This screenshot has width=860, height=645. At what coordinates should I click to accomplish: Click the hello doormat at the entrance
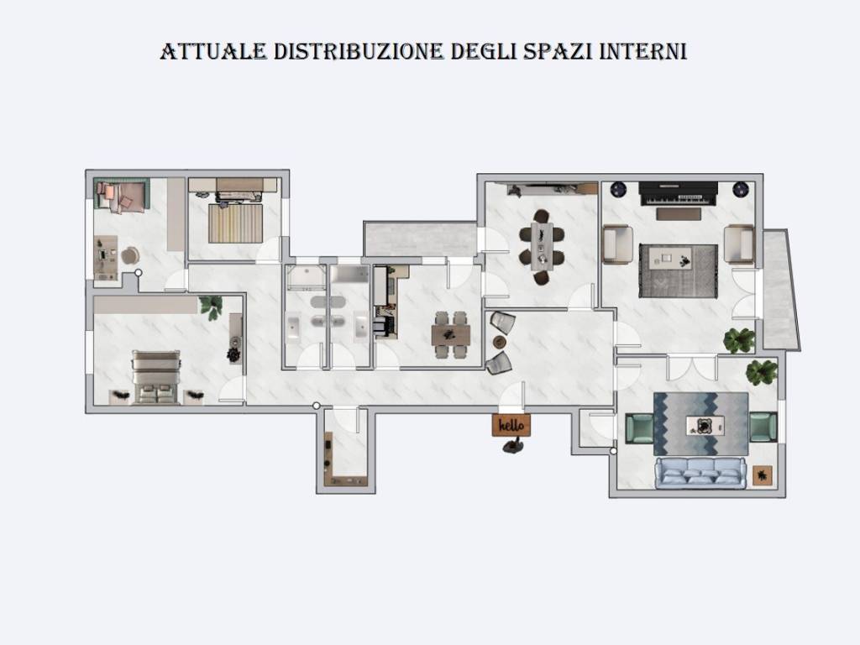[x=511, y=426]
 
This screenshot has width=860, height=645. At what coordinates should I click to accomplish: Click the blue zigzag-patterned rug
[x=700, y=424]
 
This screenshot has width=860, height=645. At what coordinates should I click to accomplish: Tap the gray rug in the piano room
[x=678, y=270]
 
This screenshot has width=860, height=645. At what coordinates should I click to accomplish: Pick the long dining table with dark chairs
[x=542, y=247]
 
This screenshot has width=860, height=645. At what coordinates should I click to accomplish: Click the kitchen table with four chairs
[x=451, y=334]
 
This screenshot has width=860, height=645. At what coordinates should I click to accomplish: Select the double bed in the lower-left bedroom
[x=156, y=378]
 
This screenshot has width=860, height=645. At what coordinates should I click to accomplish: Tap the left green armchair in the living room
[x=639, y=427]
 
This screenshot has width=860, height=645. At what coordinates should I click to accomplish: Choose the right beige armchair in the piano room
[x=739, y=244]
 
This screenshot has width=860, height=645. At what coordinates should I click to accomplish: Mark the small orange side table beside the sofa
[x=763, y=475]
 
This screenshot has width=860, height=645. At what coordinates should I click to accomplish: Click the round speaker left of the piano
[x=619, y=189]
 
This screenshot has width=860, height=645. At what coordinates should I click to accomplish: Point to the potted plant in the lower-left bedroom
[x=211, y=306]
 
